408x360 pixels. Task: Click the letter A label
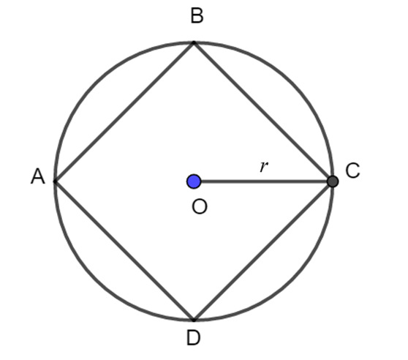click(x=38, y=176)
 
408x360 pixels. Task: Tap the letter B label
click(x=197, y=15)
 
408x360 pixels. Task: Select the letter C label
click(x=352, y=170)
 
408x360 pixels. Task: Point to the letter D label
click(x=194, y=337)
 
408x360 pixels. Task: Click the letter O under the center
click(x=200, y=207)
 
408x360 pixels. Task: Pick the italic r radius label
click(x=263, y=167)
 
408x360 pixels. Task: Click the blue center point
click(x=194, y=181)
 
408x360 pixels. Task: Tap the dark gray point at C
click(x=333, y=181)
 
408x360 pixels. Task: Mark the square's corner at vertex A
click(x=55, y=181)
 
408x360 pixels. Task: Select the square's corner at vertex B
click(x=194, y=42)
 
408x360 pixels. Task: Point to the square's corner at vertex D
click(x=194, y=320)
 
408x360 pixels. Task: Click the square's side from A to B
click(x=124, y=112)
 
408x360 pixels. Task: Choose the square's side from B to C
click(x=262, y=111)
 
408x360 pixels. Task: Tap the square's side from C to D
click(x=262, y=251)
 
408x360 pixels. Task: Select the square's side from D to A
click(x=124, y=250)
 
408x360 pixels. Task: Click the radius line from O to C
click(x=264, y=181)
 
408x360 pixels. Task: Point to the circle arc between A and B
click(x=96, y=83)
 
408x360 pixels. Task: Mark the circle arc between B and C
click(x=292, y=83)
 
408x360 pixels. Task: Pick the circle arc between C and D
click(x=292, y=280)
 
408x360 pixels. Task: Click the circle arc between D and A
click(x=96, y=280)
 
